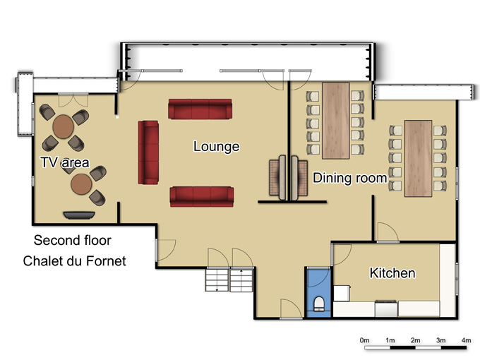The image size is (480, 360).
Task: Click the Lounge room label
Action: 216,147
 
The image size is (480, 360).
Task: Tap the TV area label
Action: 65,162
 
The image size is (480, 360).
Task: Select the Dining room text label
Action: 349,178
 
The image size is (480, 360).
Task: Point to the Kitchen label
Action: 392,272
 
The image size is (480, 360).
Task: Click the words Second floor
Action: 73,240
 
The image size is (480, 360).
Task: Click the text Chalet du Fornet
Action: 74,261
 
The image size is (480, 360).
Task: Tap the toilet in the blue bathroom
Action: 319,304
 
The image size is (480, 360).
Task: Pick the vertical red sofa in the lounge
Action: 148,152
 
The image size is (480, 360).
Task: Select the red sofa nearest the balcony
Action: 200,109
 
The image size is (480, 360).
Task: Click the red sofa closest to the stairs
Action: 202,197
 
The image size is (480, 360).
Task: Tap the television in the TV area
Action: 79,215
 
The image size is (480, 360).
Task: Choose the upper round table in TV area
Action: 63,127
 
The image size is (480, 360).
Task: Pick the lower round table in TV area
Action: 81,184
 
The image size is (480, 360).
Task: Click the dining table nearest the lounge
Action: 336,121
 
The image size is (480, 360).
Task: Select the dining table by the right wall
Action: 419,158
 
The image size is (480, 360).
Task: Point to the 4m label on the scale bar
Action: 466,340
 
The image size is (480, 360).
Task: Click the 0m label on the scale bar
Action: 365,340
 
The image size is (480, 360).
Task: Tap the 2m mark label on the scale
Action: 415,340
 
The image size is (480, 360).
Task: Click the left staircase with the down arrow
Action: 217,280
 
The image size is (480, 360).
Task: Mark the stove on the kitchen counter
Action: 386,308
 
